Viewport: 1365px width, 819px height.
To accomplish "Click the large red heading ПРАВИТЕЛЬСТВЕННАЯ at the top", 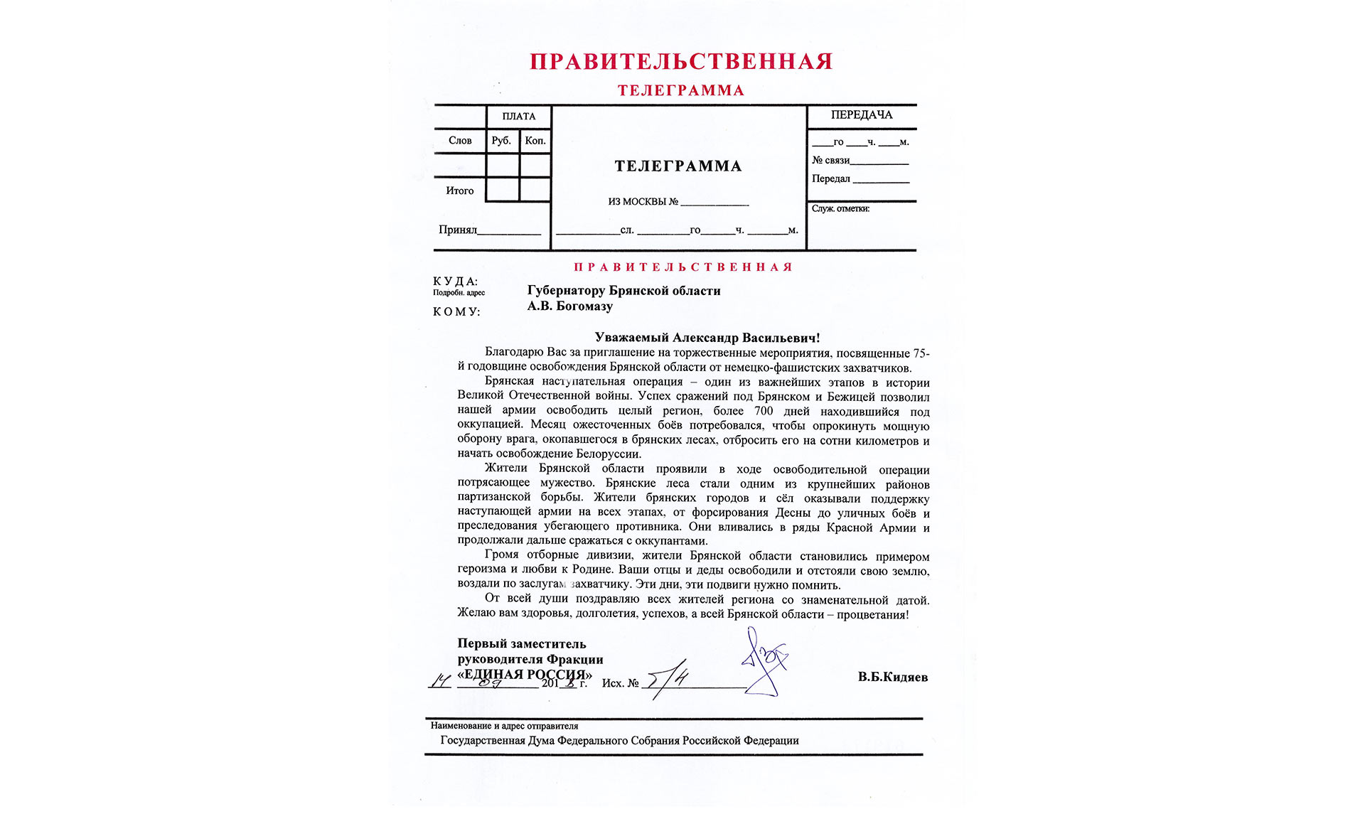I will [x=680, y=62].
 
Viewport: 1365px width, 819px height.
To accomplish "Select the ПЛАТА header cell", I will [x=518, y=117].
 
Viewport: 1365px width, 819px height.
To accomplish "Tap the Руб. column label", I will [x=501, y=141].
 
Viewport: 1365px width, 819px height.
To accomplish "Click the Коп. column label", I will [x=535, y=141].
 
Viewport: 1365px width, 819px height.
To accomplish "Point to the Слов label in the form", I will [x=460, y=141].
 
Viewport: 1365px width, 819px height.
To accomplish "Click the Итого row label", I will [x=459, y=191].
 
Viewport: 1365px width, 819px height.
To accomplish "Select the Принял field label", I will [x=458, y=230].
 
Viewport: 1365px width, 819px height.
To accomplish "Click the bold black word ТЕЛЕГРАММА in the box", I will [x=678, y=166].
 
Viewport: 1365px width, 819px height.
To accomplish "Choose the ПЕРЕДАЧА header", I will [x=861, y=115].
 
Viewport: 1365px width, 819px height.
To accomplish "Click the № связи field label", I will [x=830, y=161].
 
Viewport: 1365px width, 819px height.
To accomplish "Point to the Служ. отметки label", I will [x=840, y=209].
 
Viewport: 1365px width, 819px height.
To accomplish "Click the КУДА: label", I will [x=455, y=282].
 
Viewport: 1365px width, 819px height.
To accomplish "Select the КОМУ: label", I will [x=456, y=312].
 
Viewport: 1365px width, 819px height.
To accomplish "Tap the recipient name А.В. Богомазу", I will [x=569, y=306].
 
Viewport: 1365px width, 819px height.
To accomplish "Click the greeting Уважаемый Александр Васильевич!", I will [x=707, y=338].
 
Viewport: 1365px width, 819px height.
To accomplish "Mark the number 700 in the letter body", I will [x=764, y=411].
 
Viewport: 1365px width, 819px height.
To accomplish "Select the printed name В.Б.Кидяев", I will [x=892, y=677].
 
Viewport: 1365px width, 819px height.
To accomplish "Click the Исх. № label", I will [x=620, y=683].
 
